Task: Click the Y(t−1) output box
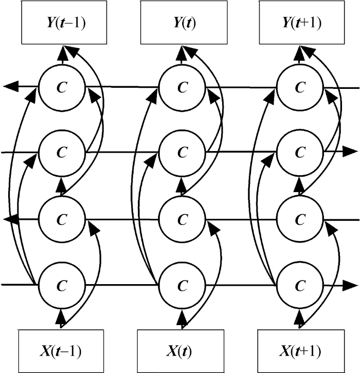tap(64, 23)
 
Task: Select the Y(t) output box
tap(184, 23)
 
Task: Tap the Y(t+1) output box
tap(302, 23)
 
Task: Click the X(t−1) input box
tap(61, 351)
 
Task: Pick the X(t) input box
tap(181, 351)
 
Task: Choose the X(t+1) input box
tap(301, 351)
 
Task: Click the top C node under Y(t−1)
tap(62, 87)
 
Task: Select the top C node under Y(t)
tap(183, 87)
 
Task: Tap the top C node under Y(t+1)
tap(300, 87)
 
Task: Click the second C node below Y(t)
tap(183, 153)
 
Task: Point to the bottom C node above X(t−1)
tap(62, 285)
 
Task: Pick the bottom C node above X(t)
tap(183, 285)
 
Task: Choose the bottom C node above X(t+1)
tap(300, 285)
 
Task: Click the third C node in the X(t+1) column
tap(300, 219)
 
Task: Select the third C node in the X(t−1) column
tap(62, 219)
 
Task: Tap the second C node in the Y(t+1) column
tap(300, 153)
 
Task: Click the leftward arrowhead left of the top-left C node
tap(11, 86)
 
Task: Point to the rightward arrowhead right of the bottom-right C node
tap(350, 286)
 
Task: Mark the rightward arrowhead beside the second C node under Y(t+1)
tap(350, 152)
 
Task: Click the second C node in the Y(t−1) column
tap(62, 153)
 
